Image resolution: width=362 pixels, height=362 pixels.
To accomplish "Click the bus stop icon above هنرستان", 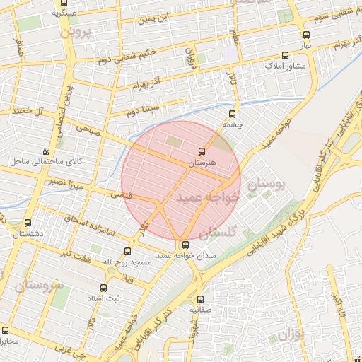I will (x=202, y=151).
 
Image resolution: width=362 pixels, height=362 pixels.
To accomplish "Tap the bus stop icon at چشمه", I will (x=233, y=112).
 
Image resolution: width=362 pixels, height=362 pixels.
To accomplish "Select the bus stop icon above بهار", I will (x=306, y=34).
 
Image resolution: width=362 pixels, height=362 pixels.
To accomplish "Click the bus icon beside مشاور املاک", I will (x=285, y=54).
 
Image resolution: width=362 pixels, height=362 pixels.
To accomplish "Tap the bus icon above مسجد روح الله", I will (x=128, y=251).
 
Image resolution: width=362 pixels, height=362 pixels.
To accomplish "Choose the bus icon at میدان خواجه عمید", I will (x=186, y=245).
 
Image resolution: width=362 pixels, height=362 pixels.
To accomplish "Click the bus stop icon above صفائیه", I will (x=200, y=299).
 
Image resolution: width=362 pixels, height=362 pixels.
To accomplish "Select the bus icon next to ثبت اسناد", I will (x=103, y=288).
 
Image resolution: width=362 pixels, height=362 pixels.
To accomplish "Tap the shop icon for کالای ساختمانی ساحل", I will (x=46, y=151).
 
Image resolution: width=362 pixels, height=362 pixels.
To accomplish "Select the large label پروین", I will (x=76, y=33).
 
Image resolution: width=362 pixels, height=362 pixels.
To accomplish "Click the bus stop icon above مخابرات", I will (x=6, y=330).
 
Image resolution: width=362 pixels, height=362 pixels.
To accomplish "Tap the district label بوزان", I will (x=288, y=333).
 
